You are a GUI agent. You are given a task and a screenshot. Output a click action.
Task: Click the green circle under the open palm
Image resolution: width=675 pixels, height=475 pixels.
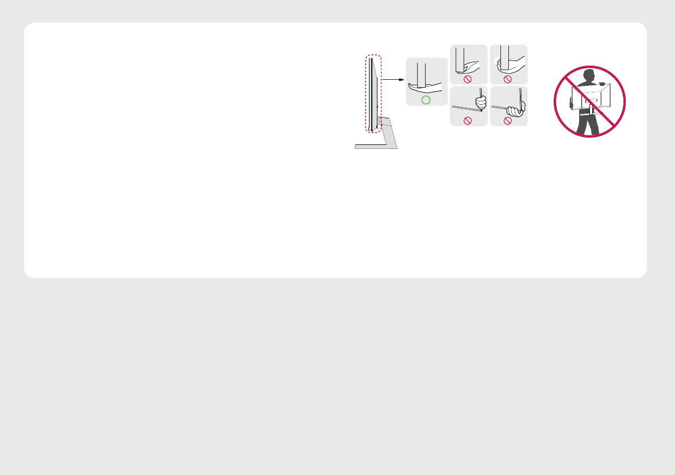point(426,100)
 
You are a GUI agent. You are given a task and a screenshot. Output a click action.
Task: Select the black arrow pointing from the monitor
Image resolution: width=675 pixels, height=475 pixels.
point(393,80)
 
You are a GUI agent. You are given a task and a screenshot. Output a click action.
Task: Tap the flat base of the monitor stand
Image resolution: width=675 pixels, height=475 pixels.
point(376,146)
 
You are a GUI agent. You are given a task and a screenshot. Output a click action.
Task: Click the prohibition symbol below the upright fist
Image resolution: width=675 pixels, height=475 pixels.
point(469,120)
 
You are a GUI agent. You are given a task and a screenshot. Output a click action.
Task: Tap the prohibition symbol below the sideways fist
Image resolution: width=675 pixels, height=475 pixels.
point(507,120)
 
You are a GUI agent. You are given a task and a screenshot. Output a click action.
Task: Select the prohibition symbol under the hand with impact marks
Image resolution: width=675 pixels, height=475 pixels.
point(507,79)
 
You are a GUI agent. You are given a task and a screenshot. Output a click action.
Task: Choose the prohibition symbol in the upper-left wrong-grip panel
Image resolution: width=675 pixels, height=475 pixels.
point(469,79)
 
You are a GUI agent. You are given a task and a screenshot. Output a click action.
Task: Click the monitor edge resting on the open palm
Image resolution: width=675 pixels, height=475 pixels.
point(421,74)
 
